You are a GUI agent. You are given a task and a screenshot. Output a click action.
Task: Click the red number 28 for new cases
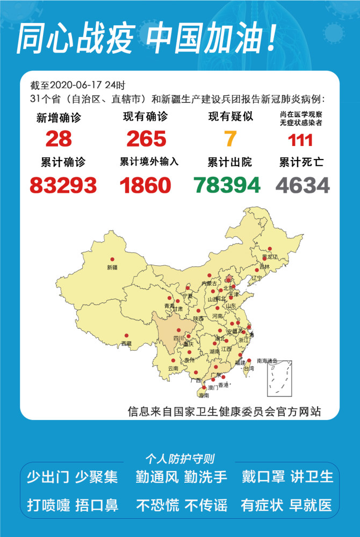click(59, 139)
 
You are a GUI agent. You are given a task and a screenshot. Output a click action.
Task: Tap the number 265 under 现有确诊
click(146, 139)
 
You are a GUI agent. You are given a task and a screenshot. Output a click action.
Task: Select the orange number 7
click(231, 139)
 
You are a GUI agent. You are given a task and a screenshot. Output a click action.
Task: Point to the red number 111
click(300, 140)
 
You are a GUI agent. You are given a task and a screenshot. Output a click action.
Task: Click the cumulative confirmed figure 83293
click(63, 185)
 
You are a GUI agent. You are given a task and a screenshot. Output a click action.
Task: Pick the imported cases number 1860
click(145, 185)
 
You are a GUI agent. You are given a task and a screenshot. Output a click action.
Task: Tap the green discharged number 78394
click(227, 185)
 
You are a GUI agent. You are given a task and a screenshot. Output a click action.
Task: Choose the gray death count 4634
click(303, 185)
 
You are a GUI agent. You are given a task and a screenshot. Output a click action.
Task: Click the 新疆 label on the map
click(112, 267)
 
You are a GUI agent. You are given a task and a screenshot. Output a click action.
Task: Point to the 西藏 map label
click(126, 343)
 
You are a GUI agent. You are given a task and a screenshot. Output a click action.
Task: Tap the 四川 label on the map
click(178, 338)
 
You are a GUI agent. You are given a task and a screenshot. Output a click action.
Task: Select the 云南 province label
click(172, 368)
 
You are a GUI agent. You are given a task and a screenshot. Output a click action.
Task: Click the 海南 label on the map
click(204, 395)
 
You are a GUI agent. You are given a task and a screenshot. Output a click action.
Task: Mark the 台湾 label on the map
click(249, 369)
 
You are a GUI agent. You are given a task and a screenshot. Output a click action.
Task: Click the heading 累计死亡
click(301, 162)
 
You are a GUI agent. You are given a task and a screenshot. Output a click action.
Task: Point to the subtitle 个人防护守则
click(180, 459)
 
